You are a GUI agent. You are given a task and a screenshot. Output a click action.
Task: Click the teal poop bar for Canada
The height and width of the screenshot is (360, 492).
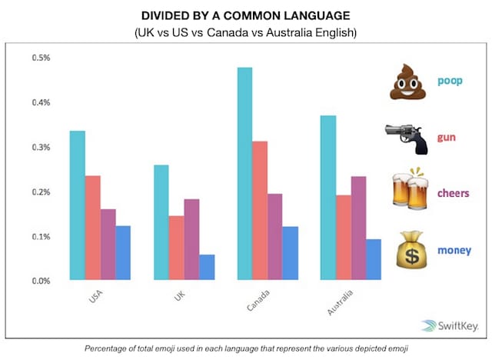pyautogui.click(x=245, y=174)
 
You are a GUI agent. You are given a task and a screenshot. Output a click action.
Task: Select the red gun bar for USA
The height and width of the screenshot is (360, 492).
pyautogui.click(x=92, y=228)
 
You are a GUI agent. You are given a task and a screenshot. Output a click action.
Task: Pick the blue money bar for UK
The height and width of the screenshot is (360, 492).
pyautogui.click(x=207, y=267)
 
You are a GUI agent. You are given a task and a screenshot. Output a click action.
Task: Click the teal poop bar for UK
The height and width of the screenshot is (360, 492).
pyautogui.click(x=161, y=222)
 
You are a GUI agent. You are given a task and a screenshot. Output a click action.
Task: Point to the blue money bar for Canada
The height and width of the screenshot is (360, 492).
pyautogui.click(x=291, y=253)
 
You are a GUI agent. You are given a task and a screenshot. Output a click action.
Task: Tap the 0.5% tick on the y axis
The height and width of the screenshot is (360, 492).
pyautogui.click(x=41, y=58)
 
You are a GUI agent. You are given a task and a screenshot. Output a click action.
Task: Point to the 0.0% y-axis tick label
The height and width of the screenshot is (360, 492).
pyautogui.click(x=41, y=281)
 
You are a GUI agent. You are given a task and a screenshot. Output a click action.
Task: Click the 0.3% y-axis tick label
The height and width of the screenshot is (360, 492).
pyautogui.click(x=41, y=148)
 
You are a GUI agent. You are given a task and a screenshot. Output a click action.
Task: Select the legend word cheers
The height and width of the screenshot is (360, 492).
pyautogui.click(x=454, y=193)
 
